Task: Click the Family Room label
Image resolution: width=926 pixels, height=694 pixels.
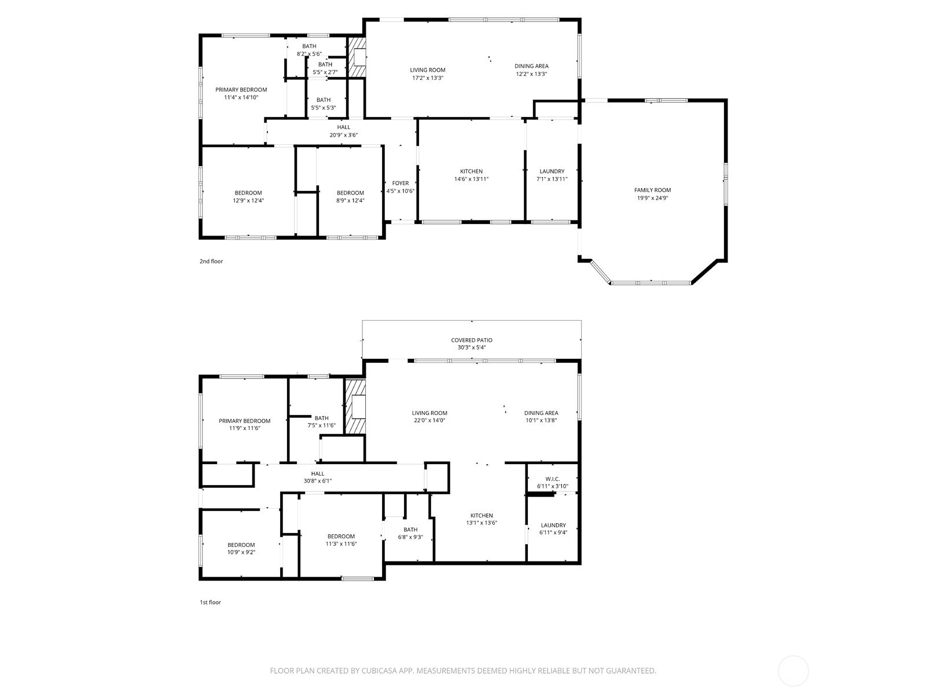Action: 652,190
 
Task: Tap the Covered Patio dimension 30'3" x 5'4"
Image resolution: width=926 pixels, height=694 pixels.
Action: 472,348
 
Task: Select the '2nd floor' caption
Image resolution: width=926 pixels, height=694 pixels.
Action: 211,262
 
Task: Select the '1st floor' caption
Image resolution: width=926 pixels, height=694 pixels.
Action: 210,603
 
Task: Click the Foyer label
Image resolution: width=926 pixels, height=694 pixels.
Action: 400,183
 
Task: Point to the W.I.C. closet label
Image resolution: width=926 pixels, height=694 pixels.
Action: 552,479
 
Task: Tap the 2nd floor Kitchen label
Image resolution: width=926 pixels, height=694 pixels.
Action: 471,171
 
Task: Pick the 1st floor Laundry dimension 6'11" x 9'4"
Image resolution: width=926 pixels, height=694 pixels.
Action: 553,533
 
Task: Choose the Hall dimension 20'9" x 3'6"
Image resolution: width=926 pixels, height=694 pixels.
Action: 344,135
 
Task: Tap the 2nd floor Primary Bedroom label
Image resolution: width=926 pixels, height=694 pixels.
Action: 241,90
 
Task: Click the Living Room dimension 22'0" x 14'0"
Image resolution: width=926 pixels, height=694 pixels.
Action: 429,421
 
